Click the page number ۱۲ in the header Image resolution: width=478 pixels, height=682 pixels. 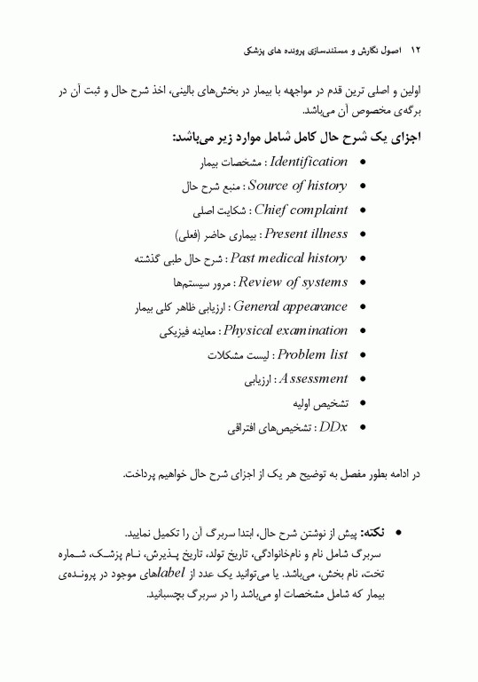pyautogui.click(x=411, y=52)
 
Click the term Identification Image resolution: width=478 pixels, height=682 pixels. pyautogui.click(x=308, y=163)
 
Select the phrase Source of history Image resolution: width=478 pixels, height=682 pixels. pyautogui.click(x=297, y=186)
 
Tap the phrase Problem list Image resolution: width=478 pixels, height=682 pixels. pyautogui.click(x=312, y=355)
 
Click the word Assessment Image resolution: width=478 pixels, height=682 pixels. pyautogui.click(x=312, y=379)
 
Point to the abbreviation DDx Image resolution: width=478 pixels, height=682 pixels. pyautogui.click(x=333, y=427)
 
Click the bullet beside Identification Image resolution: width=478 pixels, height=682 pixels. pyautogui.click(x=364, y=163)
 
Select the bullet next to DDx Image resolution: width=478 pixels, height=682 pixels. pyautogui.click(x=364, y=428)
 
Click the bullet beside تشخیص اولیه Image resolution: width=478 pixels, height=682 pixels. pyautogui.click(x=364, y=404)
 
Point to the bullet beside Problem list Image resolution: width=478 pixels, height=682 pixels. pyautogui.click(x=364, y=356)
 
